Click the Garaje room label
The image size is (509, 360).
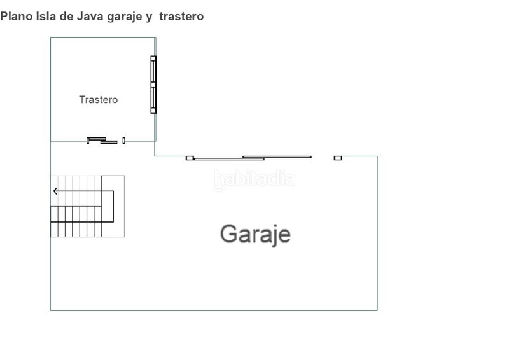(x=255, y=234)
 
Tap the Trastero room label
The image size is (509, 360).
(x=99, y=99)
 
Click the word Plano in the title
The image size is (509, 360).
(x=17, y=17)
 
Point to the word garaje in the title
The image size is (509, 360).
(x=125, y=17)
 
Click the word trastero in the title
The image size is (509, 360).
(x=181, y=17)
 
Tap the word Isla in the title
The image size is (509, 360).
(x=46, y=17)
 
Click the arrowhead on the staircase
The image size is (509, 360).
(x=55, y=191)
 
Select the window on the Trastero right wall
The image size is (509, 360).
(x=153, y=85)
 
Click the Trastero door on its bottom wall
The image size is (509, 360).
(x=102, y=140)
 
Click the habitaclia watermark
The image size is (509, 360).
(x=254, y=179)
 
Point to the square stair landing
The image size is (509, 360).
(x=113, y=206)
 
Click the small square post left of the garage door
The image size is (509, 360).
(x=190, y=158)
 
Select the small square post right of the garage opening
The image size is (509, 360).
(x=338, y=158)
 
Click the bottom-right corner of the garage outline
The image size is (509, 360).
(x=377, y=310)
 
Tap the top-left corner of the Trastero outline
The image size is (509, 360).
(x=51, y=38)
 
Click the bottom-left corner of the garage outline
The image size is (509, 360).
(x=51, y=310)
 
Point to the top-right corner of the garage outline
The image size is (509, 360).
(x=377, y=156)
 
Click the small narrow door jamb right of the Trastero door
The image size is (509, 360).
(x=123, y=140)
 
